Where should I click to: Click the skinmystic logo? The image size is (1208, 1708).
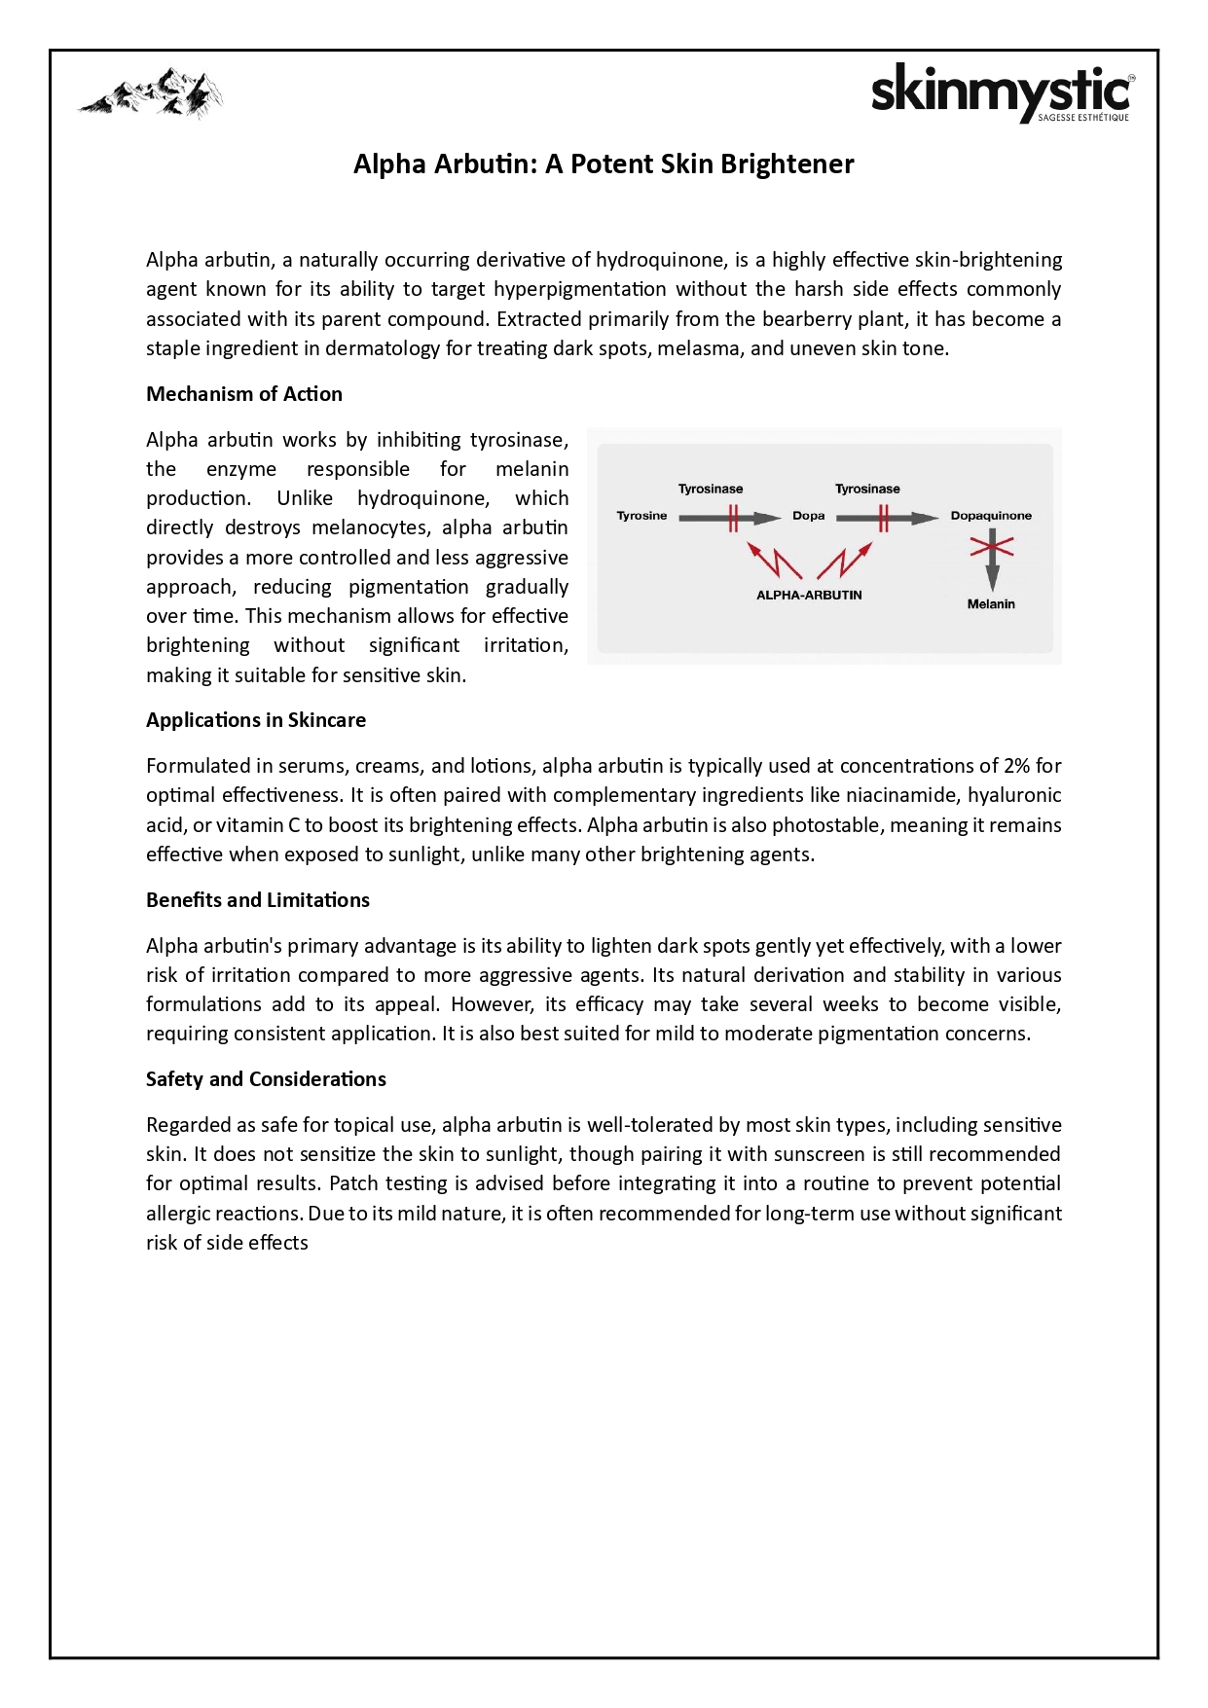pyautogui.click(x=1002, y=93)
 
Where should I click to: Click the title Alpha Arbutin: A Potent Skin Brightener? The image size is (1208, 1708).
pyautogui.click(x=604, y=164)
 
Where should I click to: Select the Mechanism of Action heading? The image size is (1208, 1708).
pyautogui.click(x=244, y=394)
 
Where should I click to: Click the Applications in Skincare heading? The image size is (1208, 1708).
pyautogui.click(x=256, y=720)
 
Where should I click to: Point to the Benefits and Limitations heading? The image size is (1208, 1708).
pyautogui.click(x=258, y=900)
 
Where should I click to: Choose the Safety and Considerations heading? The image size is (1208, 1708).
pyautogui.click(x=266, y=1079)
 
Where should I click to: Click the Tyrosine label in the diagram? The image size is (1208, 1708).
pyautogui.click(x=641, y=516)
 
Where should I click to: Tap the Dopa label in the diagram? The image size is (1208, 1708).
pyautogui.click(x=808, y=516)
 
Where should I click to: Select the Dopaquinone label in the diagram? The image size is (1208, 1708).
pyautogui.click(x=991, y=516)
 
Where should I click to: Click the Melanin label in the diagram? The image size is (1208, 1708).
pyautogui.click(x=991, y=604)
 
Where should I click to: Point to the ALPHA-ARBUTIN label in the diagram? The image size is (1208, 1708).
pyautogui.click(x=809, y=596)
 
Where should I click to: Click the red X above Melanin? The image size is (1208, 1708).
pyautogui.click(x=992, y=547)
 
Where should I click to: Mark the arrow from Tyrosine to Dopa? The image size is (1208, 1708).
pyautogui.click(x=729, y=518)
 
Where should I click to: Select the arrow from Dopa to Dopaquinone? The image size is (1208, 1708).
pyautogui.click(x=887, y=518)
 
